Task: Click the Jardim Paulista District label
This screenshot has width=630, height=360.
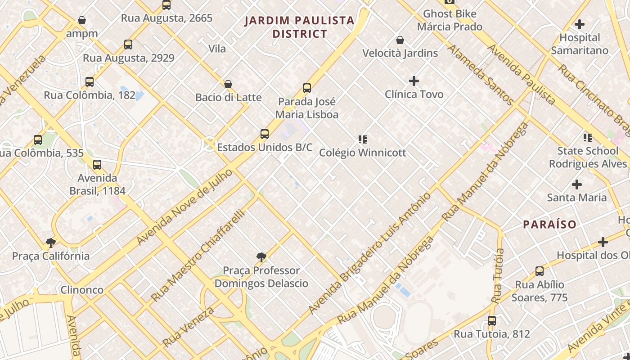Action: (299, 27)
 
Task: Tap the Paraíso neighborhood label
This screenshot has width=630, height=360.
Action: (549, 224)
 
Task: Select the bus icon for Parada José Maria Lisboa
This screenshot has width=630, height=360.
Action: (307, 88)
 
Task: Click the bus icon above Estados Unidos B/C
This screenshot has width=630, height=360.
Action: (265, 134)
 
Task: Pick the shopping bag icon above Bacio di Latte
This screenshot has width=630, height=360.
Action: (228, 84)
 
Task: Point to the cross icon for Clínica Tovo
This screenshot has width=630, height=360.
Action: (414, 81)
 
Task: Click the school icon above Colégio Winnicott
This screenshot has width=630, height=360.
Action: (362, 139)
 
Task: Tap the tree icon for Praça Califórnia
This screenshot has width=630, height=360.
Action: (51, 243)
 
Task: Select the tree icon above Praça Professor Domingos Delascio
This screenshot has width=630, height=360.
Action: (261, 257)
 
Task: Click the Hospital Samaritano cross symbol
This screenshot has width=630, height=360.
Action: (580, 24)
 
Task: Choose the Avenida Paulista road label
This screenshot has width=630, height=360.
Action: (522, 74)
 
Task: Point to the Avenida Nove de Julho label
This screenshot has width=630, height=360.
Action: (185, 207)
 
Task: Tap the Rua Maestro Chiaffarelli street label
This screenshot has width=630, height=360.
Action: (198, 256)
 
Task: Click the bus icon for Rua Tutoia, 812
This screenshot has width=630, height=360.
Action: (492, 321)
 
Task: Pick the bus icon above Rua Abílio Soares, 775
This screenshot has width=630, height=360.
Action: (540, 271)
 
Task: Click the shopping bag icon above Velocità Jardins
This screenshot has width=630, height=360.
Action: (400, 40)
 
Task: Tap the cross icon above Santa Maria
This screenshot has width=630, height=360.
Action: (577, 184)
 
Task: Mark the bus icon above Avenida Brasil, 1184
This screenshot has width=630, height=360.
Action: (97, 165)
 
